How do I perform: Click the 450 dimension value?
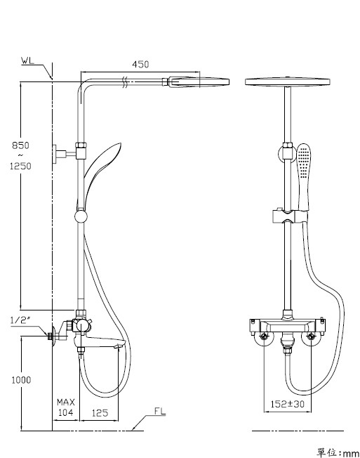140,64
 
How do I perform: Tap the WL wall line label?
27,60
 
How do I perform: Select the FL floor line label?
160,411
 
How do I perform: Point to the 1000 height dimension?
21,380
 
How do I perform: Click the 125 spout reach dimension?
100,413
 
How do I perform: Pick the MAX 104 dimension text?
66,407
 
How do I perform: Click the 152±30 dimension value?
288,404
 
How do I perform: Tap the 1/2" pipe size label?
20,320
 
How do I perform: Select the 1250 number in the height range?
21,166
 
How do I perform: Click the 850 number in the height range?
21,145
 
